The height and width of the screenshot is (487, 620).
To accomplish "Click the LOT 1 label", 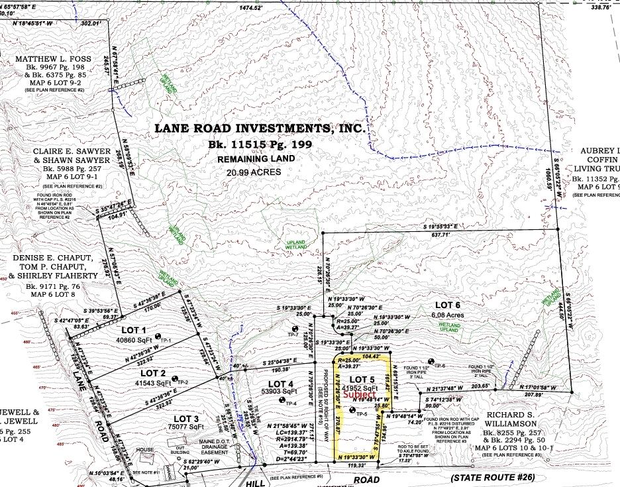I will [x=133, y=329].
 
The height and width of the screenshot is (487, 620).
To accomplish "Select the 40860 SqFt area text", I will [x=134, y=341].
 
